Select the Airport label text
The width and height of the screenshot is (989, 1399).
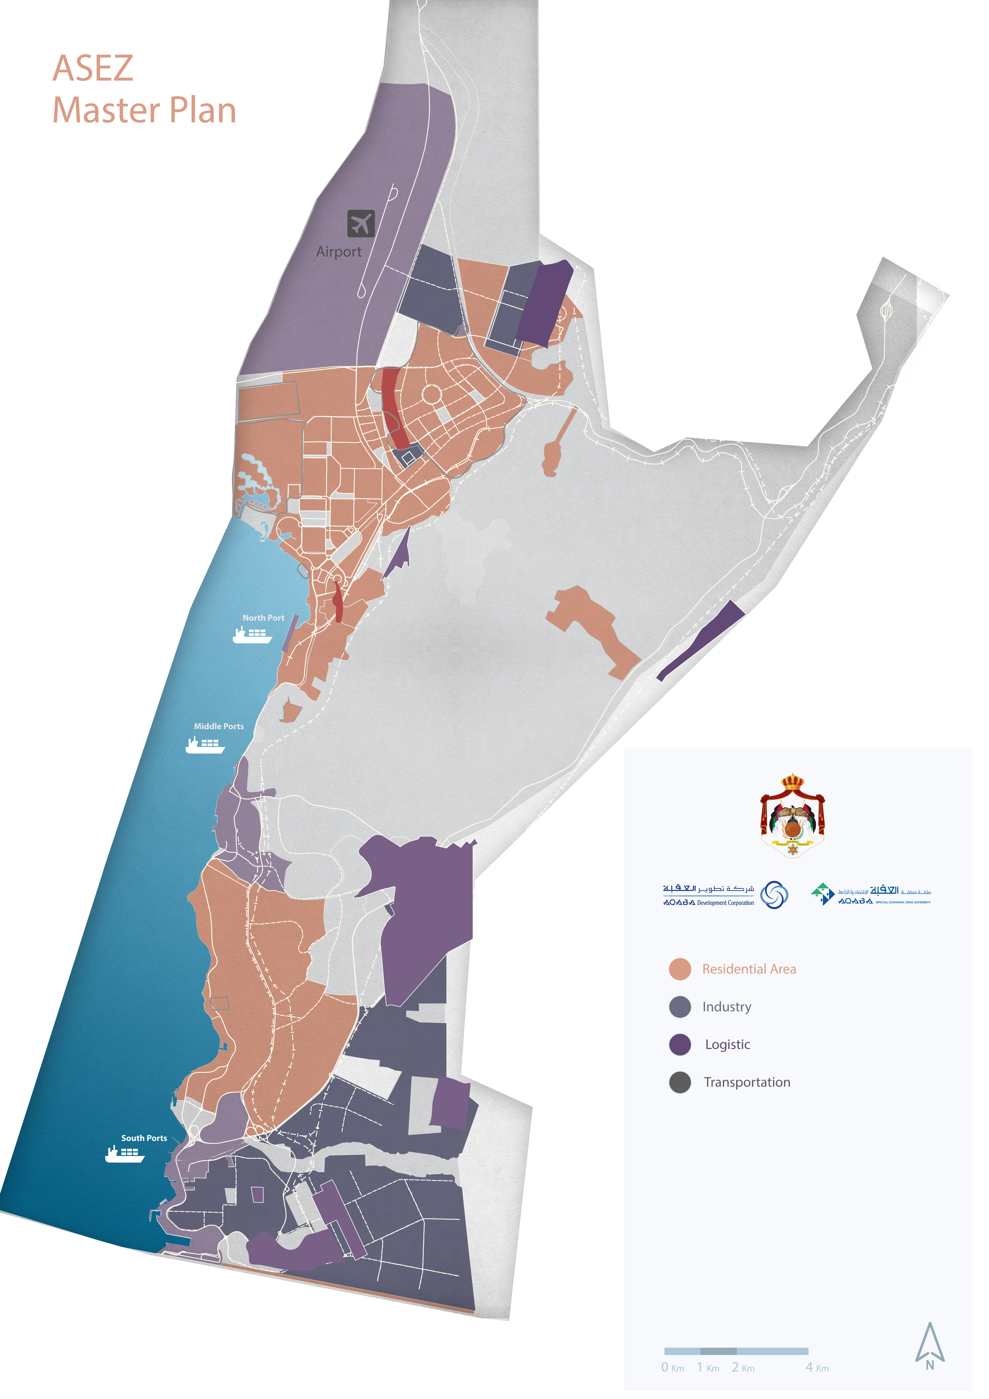pyautogui.click(x=339, y=252)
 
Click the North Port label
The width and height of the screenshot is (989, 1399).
pyautogui.click(x=263, y=618)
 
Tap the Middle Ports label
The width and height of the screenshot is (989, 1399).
pyautogui.click(x=219, y=726)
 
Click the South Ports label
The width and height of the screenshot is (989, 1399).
pyautogui.click(x=144, y=1138)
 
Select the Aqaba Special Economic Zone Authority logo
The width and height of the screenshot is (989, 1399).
pyautogui.click(x=870, y=894)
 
